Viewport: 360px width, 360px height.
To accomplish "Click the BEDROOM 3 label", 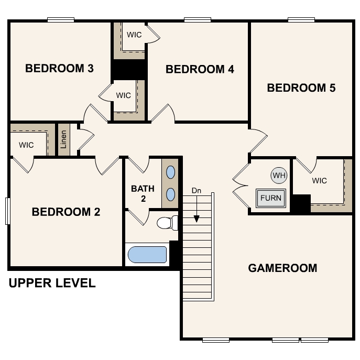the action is pyautogui.click(x=59, y=69).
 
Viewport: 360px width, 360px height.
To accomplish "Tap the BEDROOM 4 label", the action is pyautogui.click(x=200, y=69).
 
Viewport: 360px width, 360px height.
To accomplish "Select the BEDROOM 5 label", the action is pyautogui.click(x=301, y=88).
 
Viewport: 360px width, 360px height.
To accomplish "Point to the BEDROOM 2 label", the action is pyautogui.click(x=66, y=212).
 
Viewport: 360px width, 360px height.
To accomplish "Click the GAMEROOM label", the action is pyautogui.click(x=282, y=268).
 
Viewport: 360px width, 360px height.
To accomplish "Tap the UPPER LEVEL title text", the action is pyautogui.click(x=52, y=283).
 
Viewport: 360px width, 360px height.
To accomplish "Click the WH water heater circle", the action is pyautogui.click(x=279, y=176).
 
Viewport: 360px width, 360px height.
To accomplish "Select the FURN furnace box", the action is pyautogui.click(x=271, y=198).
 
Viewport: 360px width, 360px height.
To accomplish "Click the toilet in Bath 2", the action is pyautogui.click(x=167, y=223).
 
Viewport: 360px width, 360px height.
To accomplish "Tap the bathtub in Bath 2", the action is pyautogui.click(x=147, y=255).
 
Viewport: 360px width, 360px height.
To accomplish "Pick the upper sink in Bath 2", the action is pyautogui.click(x=170, y=172).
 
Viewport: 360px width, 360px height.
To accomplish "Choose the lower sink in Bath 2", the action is pyautogui.click(x=170, y=194).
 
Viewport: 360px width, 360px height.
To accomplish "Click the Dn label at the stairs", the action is pyautogui.click(x=197, y=191).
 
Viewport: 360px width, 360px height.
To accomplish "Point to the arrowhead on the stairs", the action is pyautogui.click(x=197, y=219).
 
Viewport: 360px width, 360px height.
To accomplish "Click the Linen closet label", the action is pyautogui.click(x=63, y=139).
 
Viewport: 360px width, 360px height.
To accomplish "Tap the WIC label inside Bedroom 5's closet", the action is pyautogui.click(x=319, y=181).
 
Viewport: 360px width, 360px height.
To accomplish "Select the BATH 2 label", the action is pyautogui.click(x=143, y=193).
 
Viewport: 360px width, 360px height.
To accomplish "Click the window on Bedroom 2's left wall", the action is pyautogui.click(x=7, y=211).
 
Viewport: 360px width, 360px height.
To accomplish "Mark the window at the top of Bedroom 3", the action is pyautogui.click(x=61, y=20).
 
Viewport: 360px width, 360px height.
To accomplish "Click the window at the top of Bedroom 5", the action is pyautogui.click(x=301, y=20).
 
